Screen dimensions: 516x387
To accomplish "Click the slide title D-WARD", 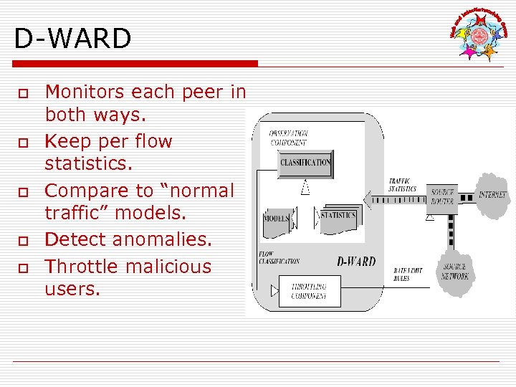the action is pos(72,39).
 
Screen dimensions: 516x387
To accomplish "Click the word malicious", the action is pos(171,267).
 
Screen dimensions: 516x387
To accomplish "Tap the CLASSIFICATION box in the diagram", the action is pos(305,163).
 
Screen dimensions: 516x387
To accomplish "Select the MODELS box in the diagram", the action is pos(277,219).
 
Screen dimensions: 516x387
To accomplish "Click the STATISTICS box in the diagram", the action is pos(338,216).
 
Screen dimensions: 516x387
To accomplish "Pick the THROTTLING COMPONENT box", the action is pos(309,290).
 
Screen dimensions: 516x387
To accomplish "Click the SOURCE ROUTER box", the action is pos(441,197).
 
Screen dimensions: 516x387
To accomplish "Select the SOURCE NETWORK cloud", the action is pos(454,272).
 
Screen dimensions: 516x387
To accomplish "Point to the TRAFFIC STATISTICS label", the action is pos(402,185).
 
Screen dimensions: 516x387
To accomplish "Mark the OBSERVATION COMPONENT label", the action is pos(288,138).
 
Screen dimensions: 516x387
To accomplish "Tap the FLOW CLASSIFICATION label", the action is pos(279,257).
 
